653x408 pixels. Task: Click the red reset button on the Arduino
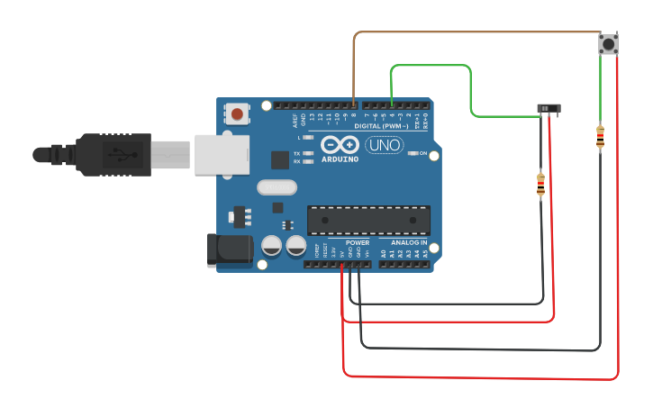(237, 113)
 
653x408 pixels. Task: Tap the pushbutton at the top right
(609, 43)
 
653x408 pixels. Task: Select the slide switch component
(549, 108)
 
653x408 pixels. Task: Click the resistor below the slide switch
(540, 185)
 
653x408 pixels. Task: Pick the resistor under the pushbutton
(601, 137)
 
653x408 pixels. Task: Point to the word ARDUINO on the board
(340, 159)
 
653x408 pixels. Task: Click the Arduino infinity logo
(340, 144)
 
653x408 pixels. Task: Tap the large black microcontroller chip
(368, 220)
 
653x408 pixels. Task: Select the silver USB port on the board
(221, 154)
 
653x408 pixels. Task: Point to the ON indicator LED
(413, 153)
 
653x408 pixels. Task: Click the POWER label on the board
(358, 242)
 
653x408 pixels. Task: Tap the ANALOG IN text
(409, 242)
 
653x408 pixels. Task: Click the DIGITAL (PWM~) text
(381, 127)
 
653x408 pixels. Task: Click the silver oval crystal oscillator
(277, 187)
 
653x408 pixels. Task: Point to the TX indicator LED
(308, 153)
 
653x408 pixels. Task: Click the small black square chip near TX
(280, 159)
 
